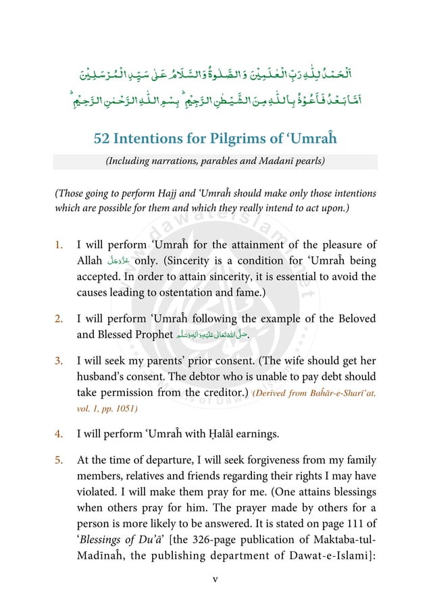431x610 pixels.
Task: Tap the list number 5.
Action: coord(59,460)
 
